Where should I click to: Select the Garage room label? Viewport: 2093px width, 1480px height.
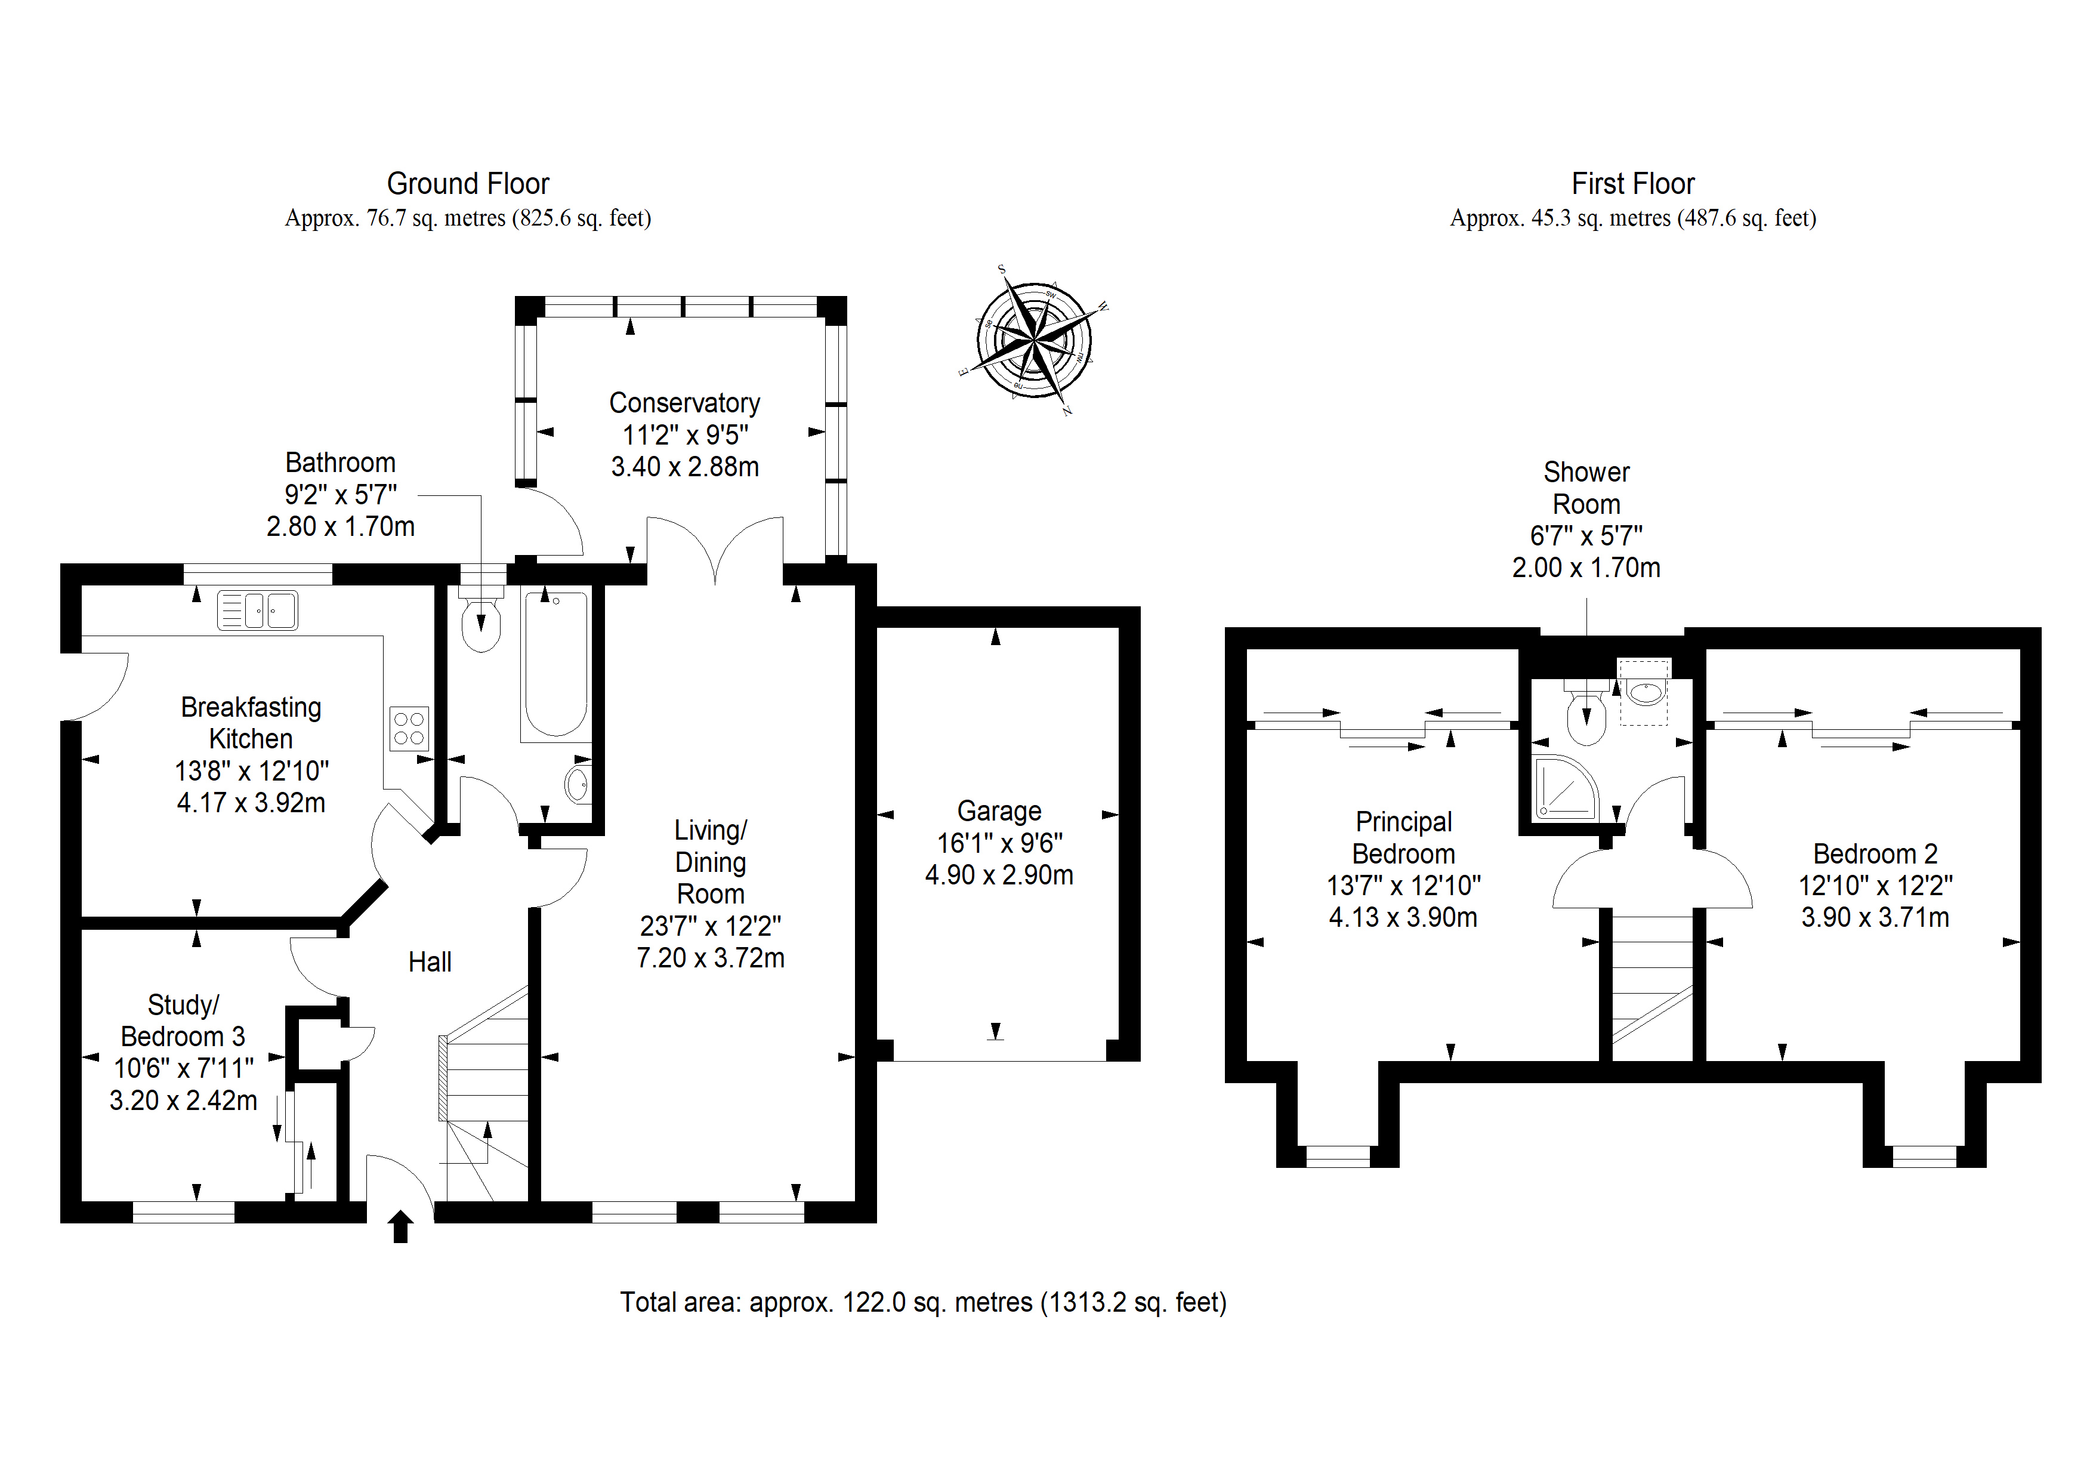click(999, 810)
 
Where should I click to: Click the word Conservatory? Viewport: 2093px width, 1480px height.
click(684, 403)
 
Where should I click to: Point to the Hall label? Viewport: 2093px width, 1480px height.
click(430, 962)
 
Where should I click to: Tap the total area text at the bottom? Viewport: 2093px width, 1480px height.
click(924, 1302)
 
